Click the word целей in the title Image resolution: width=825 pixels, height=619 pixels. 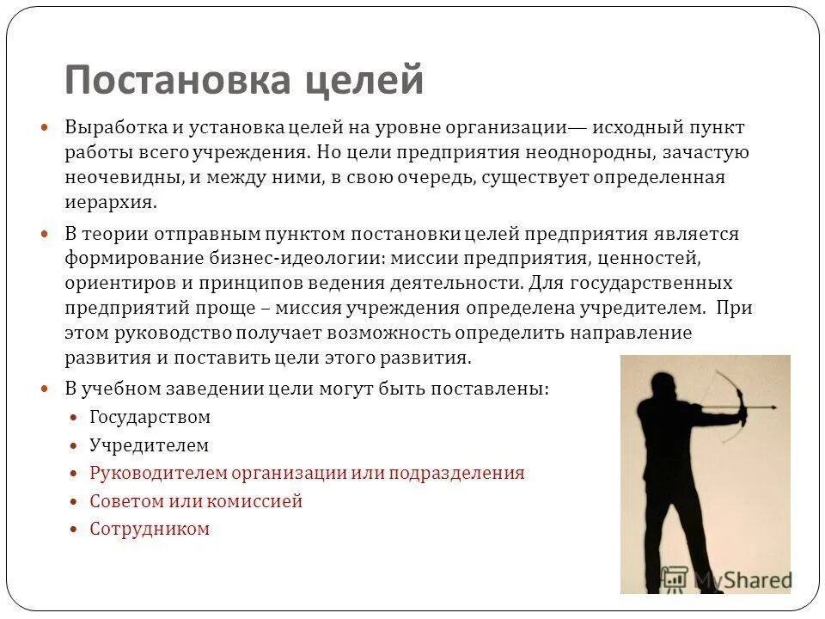tap(364, 82)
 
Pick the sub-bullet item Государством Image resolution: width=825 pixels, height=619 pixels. tap(150, 418)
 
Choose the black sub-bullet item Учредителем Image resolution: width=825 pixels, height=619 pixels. tap(150, 445)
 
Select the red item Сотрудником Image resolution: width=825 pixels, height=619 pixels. tap(150, 529)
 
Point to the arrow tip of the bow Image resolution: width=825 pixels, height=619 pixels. tap(777, 408)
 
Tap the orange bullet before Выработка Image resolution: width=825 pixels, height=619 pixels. tap(48, 127)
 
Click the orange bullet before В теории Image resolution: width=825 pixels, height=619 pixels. tap(48, 234)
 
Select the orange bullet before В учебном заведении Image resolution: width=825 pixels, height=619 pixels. tap(48, 389)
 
